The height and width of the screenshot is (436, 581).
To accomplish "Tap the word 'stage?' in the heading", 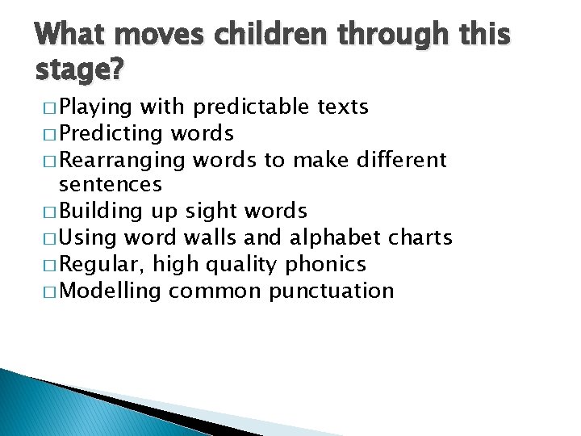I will tap(80, 72).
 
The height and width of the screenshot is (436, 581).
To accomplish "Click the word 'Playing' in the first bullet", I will tap(96, 107).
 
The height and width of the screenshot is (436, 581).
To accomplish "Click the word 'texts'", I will tap(341, 107).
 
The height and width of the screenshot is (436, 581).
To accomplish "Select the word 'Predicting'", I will tap(111, 132).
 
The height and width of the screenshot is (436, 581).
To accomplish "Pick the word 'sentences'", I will tap(111, 185).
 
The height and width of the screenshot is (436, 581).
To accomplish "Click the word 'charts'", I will tap(420, 238).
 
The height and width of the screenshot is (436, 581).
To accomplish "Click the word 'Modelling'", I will tap(111, 291).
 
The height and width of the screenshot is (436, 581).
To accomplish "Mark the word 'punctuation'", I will tap(332, 291).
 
